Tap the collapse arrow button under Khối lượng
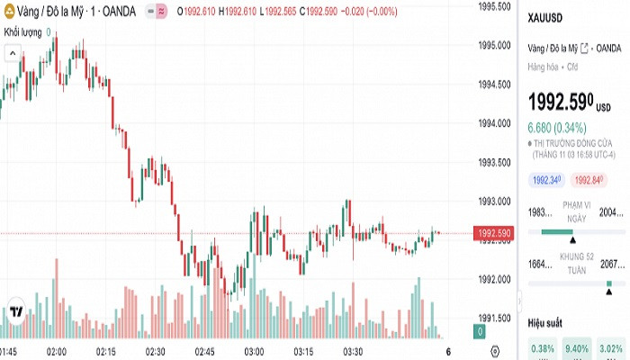click(x=13, y=53)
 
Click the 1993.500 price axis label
click(x=495, y=163)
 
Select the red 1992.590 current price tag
click(x=494, y=234)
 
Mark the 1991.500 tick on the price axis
click(x=495, y=318)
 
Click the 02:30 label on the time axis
click(x=154, y=350)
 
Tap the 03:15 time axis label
click(x=302, y=350)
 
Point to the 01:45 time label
click(x=9, y=350)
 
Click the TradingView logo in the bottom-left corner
click(x=15, y=313)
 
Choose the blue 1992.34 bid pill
click(x=547, y=180)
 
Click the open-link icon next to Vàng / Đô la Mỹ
click(x=585, y=48)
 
